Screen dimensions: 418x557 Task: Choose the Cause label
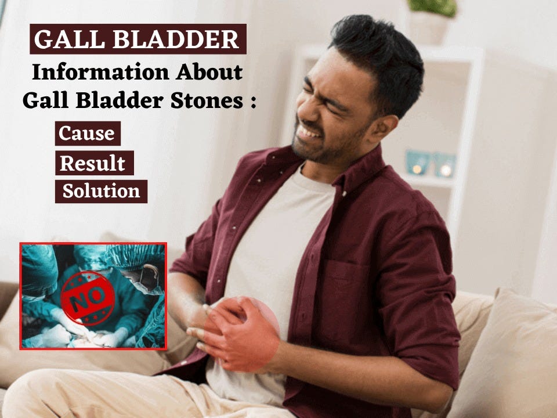[88, 134]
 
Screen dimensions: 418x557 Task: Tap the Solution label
[101, 191]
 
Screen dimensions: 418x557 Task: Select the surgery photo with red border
[93, 296]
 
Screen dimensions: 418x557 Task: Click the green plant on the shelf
[432, 6]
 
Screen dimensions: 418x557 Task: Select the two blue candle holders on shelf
[430, 164]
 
